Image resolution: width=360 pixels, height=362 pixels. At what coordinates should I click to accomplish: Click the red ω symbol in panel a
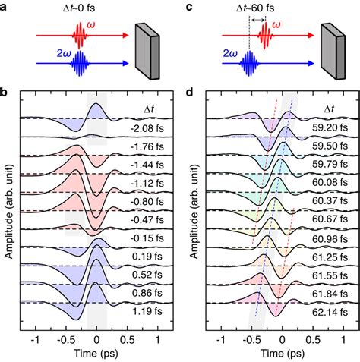[x=118, y=27]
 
